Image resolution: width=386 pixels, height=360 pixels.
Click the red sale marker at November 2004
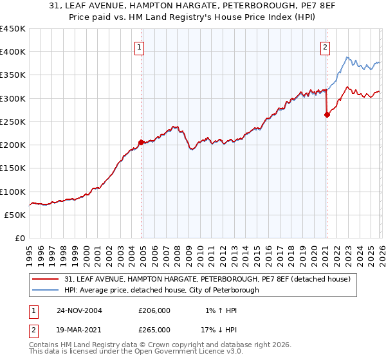coord(141,142)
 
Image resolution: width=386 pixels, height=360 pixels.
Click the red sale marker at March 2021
coord(327,115)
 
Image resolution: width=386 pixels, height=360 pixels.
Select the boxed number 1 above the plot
coord(140,46)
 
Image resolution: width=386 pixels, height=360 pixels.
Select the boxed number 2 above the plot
coord(326,46)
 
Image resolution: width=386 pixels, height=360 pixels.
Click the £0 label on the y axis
coord(21,239)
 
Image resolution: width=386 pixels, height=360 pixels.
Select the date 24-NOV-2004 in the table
coord(79,310)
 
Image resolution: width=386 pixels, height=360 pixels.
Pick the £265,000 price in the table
coord(154,329)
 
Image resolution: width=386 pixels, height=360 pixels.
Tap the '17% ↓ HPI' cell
coord(218,329)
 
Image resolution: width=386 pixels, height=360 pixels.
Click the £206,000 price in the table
coord(154,310)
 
